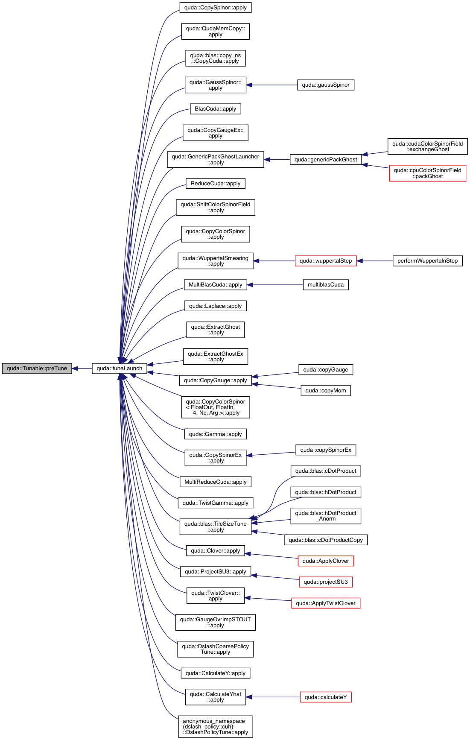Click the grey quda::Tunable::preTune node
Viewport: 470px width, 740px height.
[37, 369]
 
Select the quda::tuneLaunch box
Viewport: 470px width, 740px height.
[120, 369]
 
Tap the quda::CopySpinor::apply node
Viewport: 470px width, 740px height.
[216, 8]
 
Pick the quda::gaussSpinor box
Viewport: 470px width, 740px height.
[326, 85]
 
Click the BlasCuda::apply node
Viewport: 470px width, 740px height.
[216, 109]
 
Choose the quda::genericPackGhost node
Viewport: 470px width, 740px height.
[326, 160]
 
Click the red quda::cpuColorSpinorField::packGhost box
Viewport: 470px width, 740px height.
[427, 173]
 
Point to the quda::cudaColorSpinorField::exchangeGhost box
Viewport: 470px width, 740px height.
[427, 146]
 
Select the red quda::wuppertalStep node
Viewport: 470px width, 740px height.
[326, 261]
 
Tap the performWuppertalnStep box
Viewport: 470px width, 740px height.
[427, 261]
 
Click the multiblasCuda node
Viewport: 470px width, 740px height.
[326, 285]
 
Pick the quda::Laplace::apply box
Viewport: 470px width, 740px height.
[216, 306]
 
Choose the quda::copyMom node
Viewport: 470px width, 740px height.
[326, 391]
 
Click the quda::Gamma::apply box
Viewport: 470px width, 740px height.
[216, 434]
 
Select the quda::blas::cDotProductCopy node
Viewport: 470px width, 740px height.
[326, 540]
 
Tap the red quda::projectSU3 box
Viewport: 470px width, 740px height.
[326, 582]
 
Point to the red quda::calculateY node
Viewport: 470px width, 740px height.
[326, 697]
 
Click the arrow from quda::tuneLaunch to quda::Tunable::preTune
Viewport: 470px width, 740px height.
[82, 369]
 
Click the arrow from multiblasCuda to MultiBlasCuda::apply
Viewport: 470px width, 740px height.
[275, 285]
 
